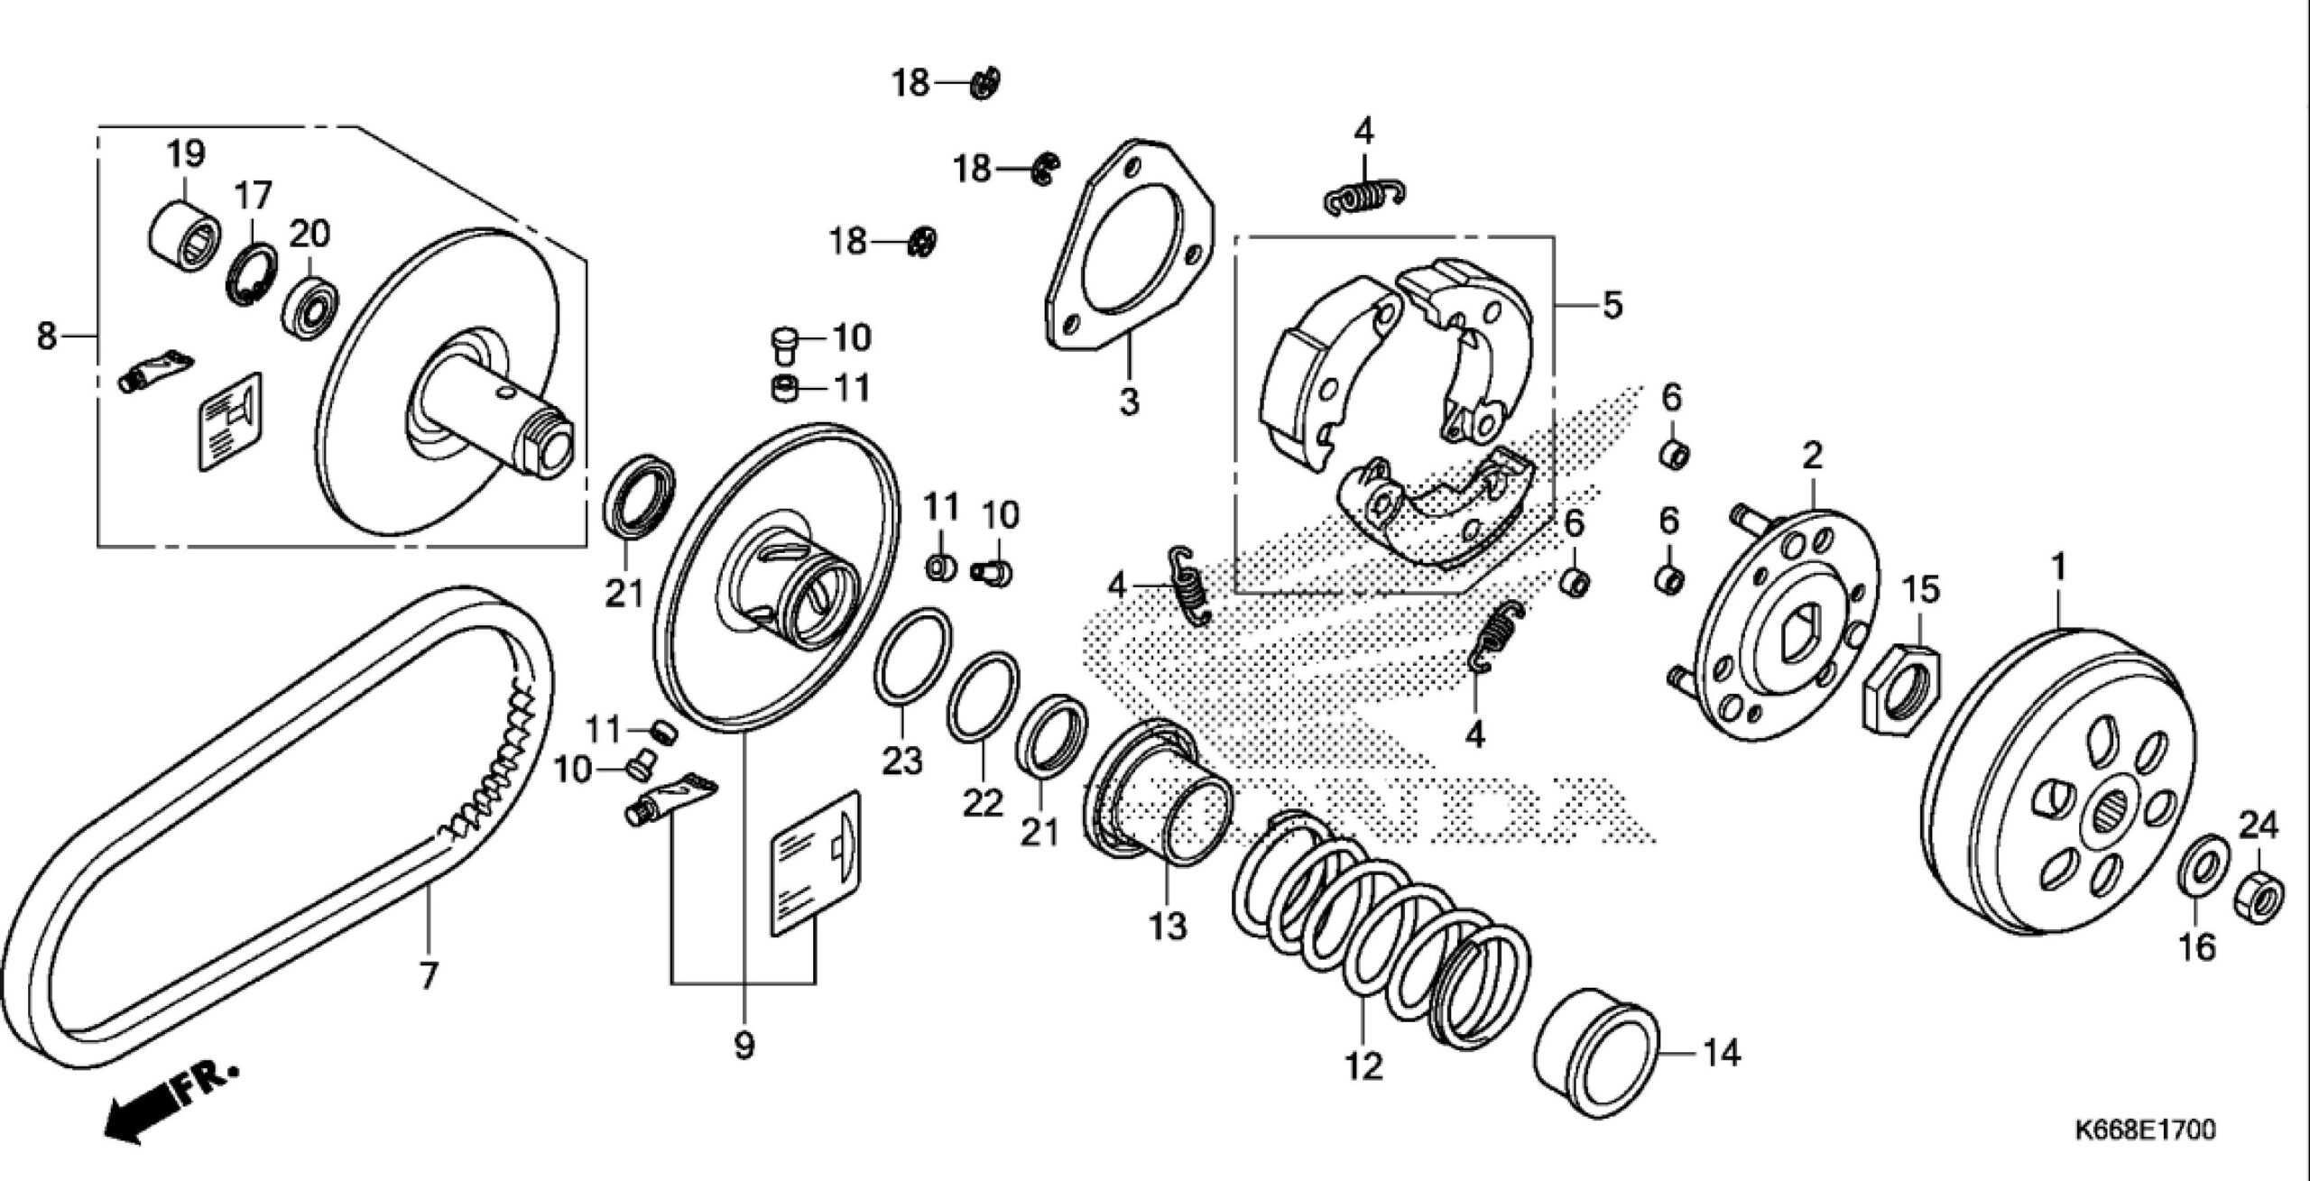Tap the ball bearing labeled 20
[311, 307]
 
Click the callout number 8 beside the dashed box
[45, 337]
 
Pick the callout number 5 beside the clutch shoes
[1612, 305]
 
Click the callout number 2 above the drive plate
[1812, 455]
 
